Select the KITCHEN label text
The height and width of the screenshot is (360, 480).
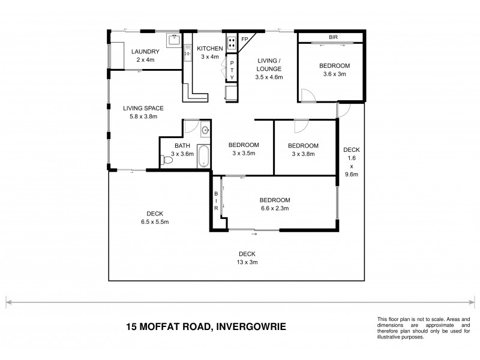[x=210, y=49]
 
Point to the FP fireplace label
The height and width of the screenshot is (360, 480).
[x=244, y=39]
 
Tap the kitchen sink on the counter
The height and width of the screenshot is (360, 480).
[x=231, y=94]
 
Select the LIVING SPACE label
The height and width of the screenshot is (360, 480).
[x=143, y=108]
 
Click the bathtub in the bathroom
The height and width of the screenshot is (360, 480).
[x=204, y=155]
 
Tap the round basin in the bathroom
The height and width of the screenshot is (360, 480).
[x=205, y=129]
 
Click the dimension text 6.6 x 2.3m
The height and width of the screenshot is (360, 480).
[x=275, y=209]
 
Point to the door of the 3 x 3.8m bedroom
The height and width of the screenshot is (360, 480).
[x=300, y=125]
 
